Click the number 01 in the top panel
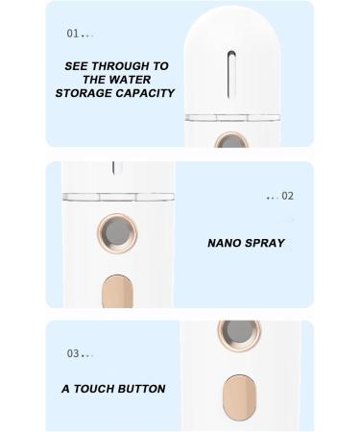click(x=73, y=34)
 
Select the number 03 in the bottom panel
click(x=73, y=353)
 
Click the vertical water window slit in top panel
click(x=227, y=75)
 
